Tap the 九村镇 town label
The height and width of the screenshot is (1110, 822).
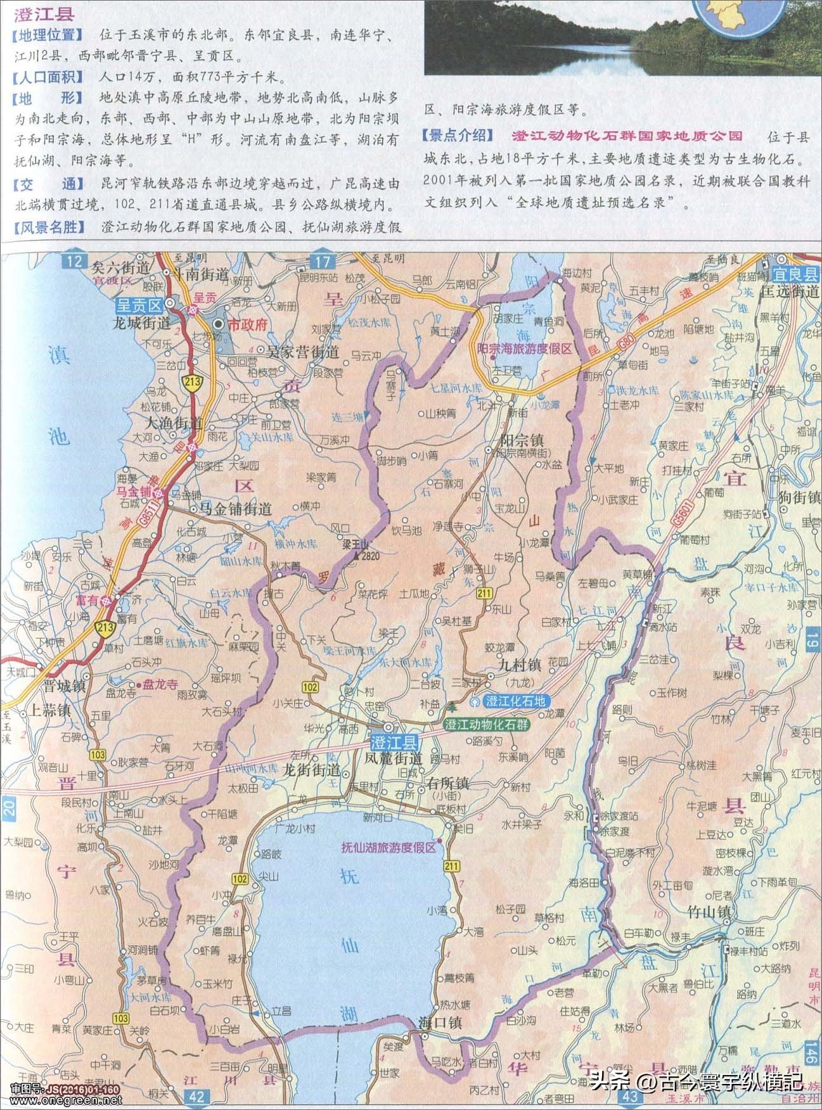click(519, 665)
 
